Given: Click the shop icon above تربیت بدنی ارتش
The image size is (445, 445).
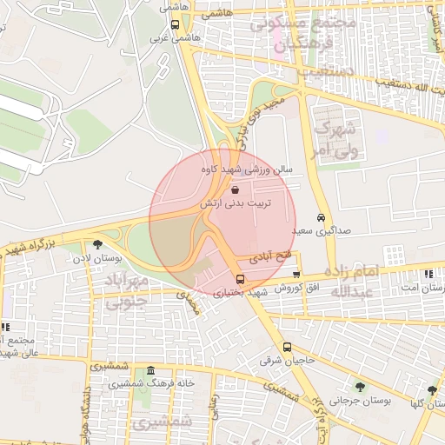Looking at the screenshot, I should tap(236, 188).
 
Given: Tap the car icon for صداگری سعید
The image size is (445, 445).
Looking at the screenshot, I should tap(322, 217).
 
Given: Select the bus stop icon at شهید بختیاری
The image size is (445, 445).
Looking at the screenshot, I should tap(241, 280).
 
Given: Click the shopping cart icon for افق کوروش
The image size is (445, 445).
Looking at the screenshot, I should tap(296, 275).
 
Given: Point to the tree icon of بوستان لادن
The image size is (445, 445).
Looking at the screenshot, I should tap(96, 244).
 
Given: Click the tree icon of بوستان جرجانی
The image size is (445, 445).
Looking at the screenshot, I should tap(360, 387).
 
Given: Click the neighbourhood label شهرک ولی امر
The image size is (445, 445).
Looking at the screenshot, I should tap(334, 138).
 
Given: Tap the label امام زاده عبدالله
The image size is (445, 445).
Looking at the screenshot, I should tap(355, 282).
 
